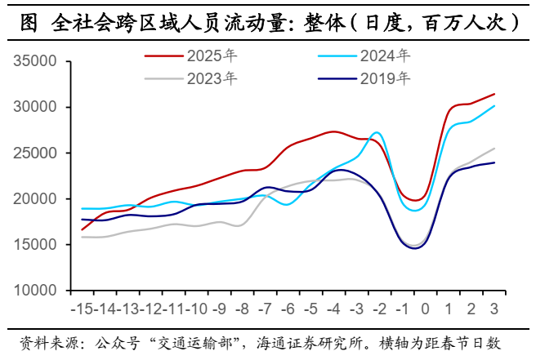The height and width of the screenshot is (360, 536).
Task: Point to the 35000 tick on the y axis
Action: point(34,62)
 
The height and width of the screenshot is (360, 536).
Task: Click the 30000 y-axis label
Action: point(34,108)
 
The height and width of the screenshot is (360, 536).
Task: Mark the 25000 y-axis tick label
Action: point(34,153)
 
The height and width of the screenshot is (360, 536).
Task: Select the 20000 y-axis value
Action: point(34,199)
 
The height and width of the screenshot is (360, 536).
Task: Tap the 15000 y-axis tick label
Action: point(34,245)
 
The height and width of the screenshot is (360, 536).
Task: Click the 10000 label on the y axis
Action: point(34,291)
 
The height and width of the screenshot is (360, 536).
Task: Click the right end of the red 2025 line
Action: point(494,94)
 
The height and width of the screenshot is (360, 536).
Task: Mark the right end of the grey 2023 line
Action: point(494,149)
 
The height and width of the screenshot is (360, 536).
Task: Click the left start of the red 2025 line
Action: point(83,229)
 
